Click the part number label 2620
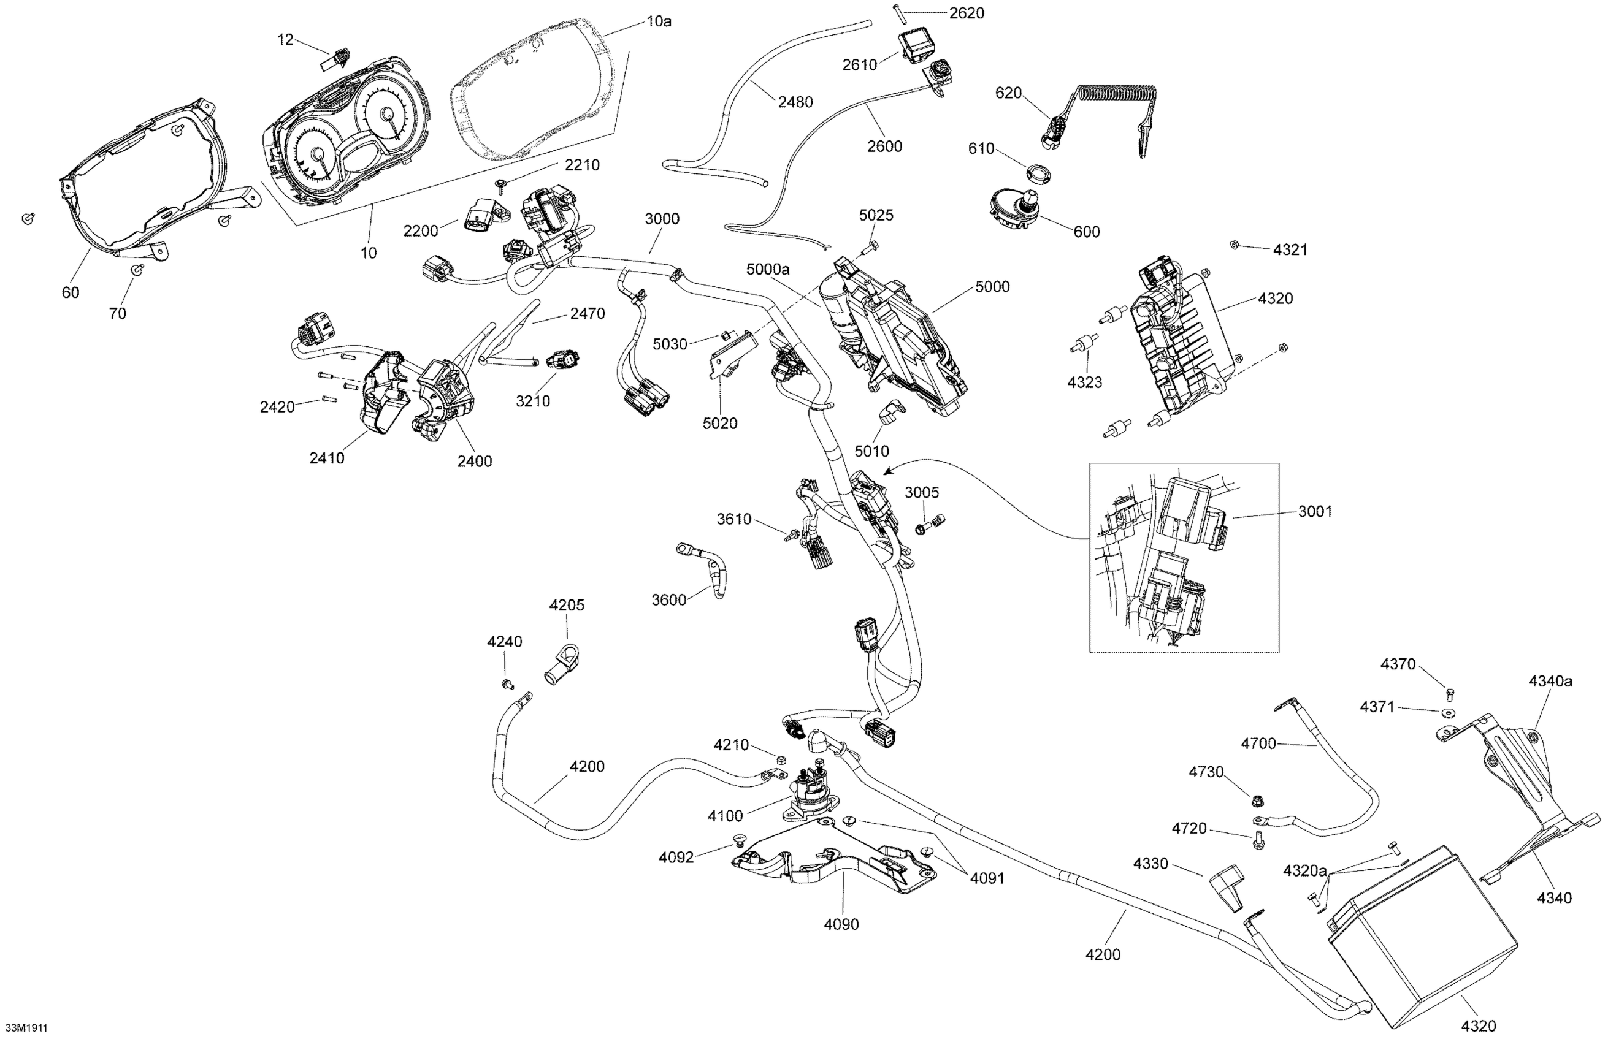coord(967,13)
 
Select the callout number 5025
coord(876,215)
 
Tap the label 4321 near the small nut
coord(1290,250)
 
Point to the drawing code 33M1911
coord(26,1028)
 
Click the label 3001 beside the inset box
coord(1315,512)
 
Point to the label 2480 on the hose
coord(795,102)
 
